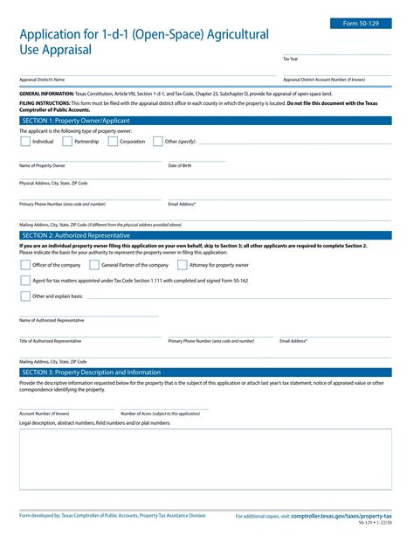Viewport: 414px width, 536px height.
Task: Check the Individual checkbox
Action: point(24,141)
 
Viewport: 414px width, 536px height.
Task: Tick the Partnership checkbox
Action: point(67,141)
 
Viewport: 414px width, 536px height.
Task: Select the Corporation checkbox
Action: point(113,141)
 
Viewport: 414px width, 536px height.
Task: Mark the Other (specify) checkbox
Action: point(158,141)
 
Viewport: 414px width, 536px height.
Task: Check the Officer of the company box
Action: point(24,265)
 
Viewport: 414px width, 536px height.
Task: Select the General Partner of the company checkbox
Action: point(94,265)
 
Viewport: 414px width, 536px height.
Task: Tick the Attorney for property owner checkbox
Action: point(183,265)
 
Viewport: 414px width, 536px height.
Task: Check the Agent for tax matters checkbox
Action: point(24,281)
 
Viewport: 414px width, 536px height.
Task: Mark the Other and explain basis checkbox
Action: point(24,296)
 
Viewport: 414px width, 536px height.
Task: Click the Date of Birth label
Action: point(180,165)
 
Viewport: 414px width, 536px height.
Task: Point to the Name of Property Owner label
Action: point(42,165)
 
